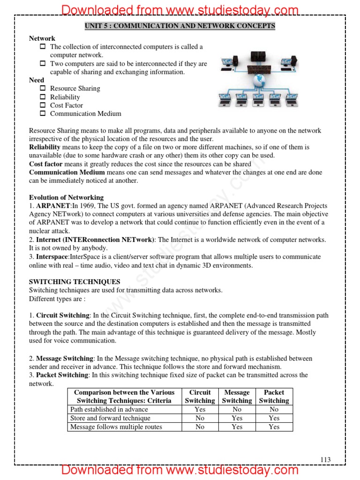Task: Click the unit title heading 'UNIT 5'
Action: (180, 26)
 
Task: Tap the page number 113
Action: (325, 460)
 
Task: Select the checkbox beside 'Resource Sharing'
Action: (42, 88)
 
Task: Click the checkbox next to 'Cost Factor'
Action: (42, 105)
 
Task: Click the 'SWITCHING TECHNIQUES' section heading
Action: (75, 282)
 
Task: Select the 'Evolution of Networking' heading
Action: (66, 197)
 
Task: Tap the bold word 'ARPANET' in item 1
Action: (53, 206)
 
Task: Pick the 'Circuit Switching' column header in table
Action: (200, 397)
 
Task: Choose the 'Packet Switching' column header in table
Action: (274, 397)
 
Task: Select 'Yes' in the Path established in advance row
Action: (200, 409)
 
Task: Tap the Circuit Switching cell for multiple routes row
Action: (200, 427)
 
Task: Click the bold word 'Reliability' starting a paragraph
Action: (45, 147)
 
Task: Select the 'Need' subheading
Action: (37, 80)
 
